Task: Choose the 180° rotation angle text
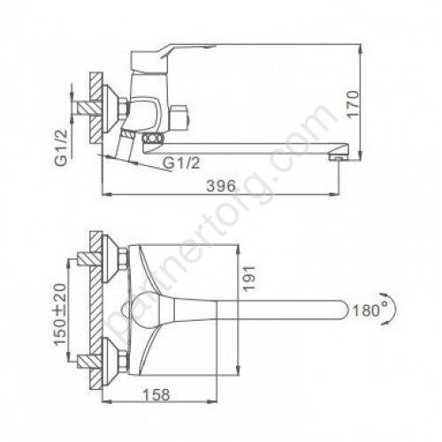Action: coord(366,310)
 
